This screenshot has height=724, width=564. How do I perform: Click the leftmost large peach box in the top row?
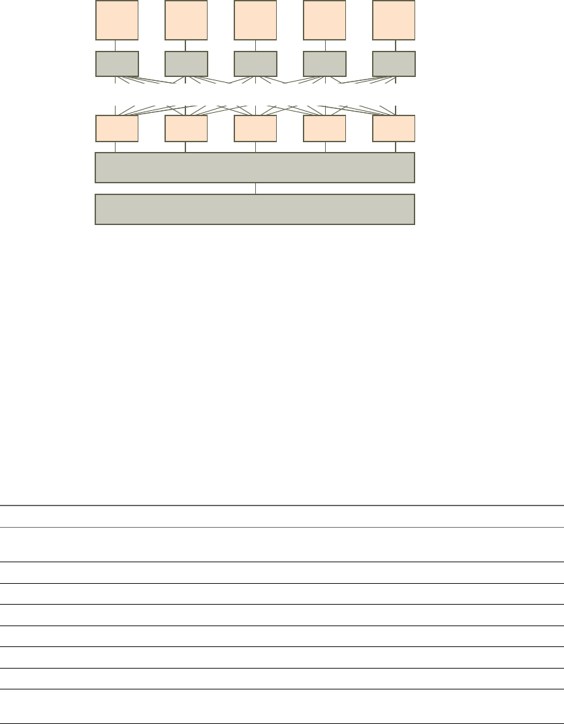(x=117, y=20)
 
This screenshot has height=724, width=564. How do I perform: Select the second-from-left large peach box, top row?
(x=186, y=20)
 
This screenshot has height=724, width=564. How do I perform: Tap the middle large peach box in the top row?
(x=255, y=20)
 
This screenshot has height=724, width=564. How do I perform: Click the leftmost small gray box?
(x=117, y=63)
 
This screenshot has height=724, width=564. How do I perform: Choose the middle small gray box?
(x=255, y=63)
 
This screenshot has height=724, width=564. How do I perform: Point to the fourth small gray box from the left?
(x=324, y=63)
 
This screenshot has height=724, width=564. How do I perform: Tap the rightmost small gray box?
(x=394, y=63)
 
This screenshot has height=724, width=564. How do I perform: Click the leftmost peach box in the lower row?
(x=117, y=128)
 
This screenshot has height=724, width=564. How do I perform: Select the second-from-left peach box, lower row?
(x=186, y=128)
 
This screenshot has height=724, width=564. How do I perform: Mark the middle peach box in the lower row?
(x=255, y=128)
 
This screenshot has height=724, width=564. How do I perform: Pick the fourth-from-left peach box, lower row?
(x=324, y=128)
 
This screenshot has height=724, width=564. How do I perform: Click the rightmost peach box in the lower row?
(x=394, y=128)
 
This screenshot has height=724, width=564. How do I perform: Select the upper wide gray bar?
(x=255, y=168)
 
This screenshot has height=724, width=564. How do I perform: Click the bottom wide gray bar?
(x=255, y=209)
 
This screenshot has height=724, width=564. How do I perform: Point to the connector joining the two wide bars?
(x=256, y=189)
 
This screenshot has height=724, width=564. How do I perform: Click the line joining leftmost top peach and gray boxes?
(x=116, y=46)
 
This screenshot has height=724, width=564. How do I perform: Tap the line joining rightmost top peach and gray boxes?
(x=395, y=46)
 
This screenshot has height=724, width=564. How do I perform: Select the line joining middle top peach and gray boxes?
(x=256, y=46)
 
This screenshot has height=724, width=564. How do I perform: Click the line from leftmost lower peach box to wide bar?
(x=116, y=147)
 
